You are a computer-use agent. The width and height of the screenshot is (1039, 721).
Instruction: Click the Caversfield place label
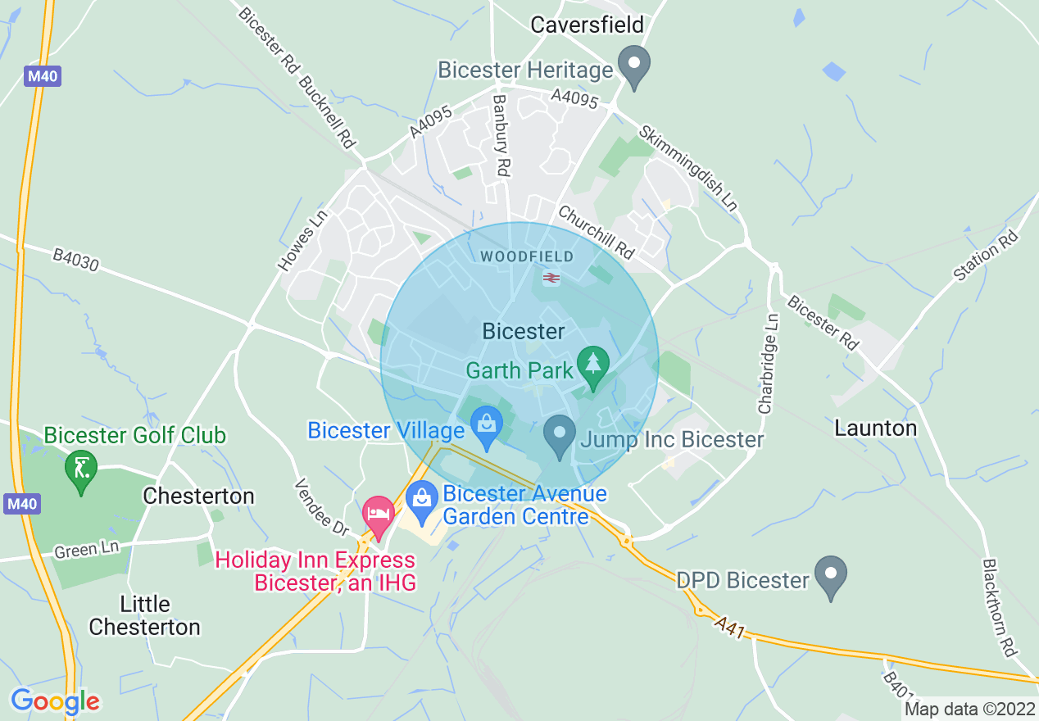(587, 25)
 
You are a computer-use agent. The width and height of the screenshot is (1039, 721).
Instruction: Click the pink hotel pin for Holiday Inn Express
(379, 515)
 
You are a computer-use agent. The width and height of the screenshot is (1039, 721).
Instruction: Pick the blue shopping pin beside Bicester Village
(487, 427)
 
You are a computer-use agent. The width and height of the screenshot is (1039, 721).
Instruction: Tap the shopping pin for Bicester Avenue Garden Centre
(422, 502)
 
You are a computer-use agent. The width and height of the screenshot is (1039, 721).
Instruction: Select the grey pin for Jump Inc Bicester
(560, 435)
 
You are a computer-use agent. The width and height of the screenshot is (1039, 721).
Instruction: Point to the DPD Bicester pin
(832, 576)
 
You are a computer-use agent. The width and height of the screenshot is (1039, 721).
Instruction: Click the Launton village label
(875, 428)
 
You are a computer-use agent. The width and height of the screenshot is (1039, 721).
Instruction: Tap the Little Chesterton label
(144, 615)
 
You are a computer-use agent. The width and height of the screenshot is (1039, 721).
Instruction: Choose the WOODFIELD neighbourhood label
(527, 256)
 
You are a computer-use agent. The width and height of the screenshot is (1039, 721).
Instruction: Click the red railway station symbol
(551, 278)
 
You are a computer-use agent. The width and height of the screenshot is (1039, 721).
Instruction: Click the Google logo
(55, 701)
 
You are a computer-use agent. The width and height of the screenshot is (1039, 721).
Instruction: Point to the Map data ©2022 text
(969, 709)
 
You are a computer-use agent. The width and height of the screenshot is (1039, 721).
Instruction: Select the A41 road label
(728, 629)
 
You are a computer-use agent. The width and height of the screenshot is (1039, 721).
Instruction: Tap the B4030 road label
(75, 261)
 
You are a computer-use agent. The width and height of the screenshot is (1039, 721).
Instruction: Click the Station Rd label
(986, 256)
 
